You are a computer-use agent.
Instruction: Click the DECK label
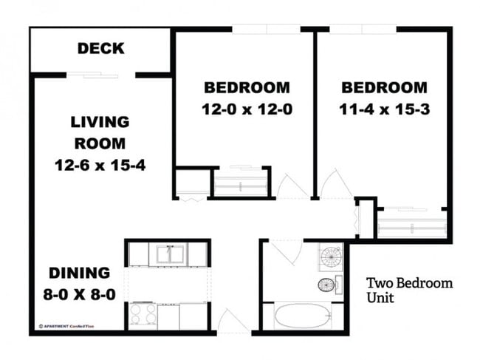101,50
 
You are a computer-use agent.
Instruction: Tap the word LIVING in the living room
100,122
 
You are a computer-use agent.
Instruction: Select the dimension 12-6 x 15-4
100,164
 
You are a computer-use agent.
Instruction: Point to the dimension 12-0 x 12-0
247,109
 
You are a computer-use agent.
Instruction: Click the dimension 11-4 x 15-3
384,109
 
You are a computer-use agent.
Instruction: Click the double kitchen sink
170,254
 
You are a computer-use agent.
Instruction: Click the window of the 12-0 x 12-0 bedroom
266,30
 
